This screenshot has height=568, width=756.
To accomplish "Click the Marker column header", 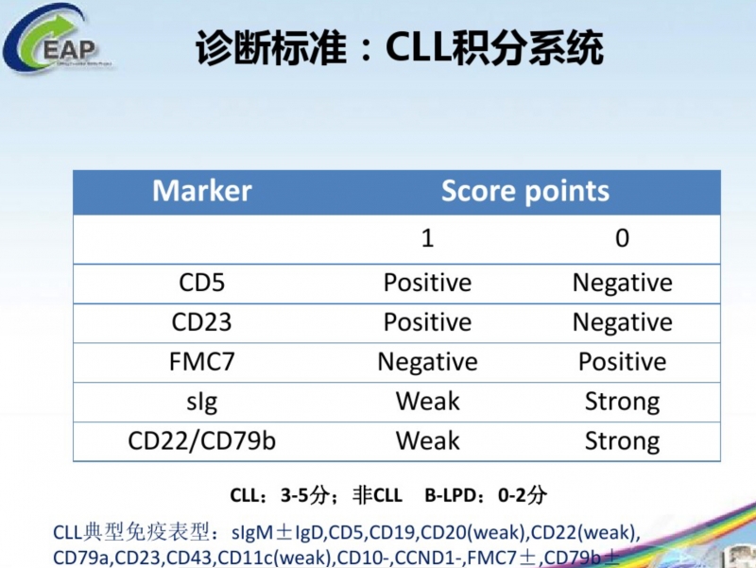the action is tap(202, 191).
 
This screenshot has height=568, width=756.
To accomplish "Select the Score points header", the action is tap(525, 192).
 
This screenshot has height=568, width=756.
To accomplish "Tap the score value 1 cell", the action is tap(428, 238).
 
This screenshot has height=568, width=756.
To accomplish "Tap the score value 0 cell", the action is tap(622, 238).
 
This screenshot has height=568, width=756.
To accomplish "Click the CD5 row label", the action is tap(201, 283).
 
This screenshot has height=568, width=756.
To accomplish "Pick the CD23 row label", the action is tap(201, 322).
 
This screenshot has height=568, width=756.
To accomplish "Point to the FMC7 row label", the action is tap(202, 362).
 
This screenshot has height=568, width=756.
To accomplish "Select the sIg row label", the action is tap(202, 402).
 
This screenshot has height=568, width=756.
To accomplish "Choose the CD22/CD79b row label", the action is tap(202, 440).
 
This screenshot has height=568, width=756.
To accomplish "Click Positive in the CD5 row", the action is tap(428, 283).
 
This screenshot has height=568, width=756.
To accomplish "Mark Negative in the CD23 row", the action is tap(623, 322).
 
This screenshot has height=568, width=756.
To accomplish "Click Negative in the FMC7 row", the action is tap(428, 362).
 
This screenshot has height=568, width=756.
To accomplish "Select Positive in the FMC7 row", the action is tap(623, 362).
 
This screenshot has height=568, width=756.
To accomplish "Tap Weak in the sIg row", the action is tap(428, 401).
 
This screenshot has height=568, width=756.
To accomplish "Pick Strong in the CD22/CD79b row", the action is tap(623, 441).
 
